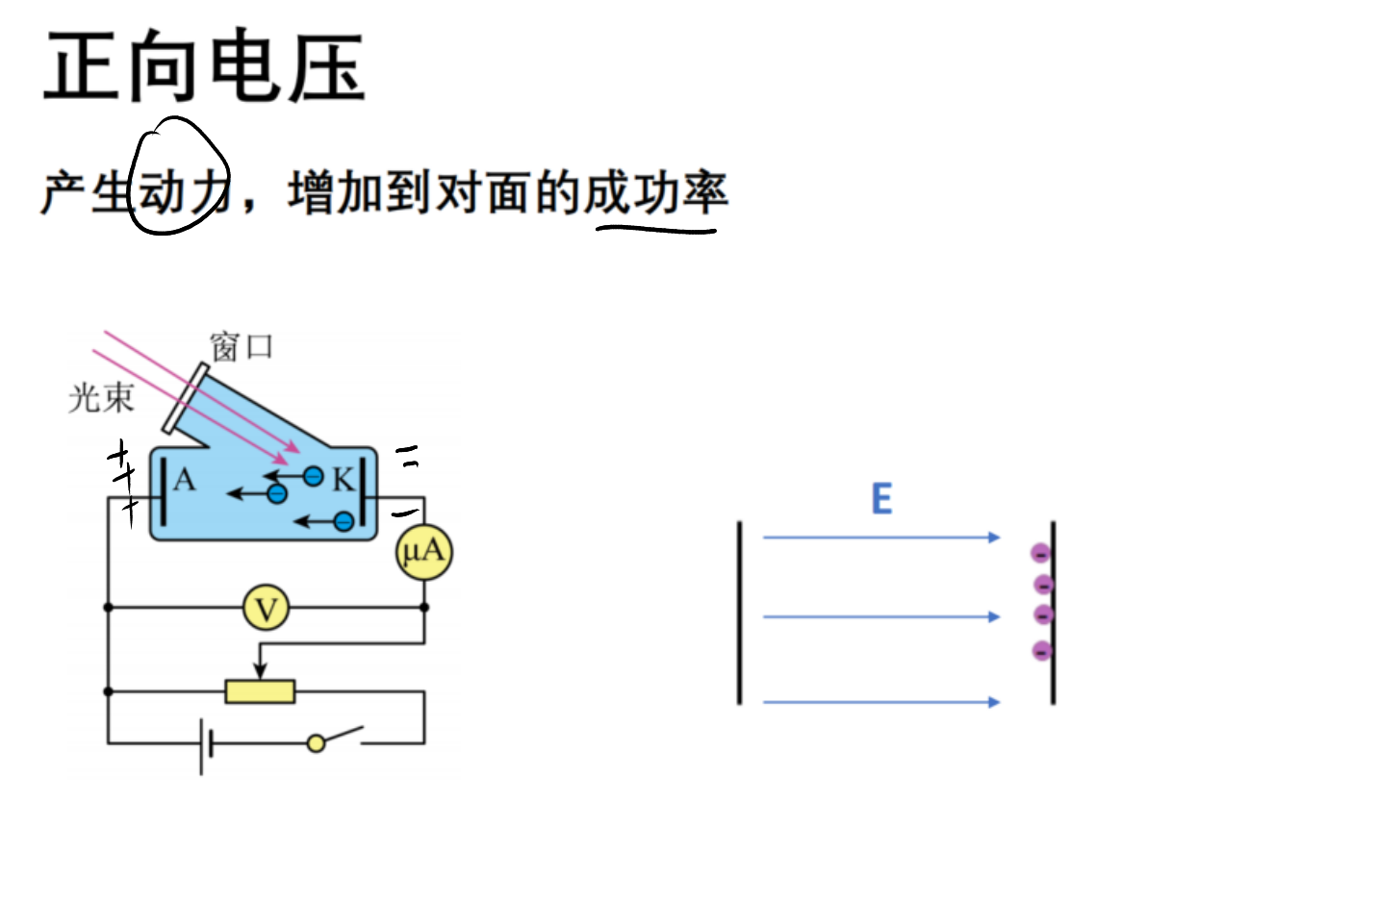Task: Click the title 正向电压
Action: coord(205,66)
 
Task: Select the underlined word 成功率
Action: coord(656,193)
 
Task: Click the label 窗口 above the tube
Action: coord(242,347)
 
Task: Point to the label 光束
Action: coord(101,398)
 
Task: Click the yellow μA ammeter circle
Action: coord(424,552)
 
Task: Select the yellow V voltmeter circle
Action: coord(266,608)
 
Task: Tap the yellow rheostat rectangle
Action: coord(260,691)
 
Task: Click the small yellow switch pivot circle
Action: coord(317,743)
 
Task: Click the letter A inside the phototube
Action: coord(185,480)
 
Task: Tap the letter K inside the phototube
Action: coord(344,479)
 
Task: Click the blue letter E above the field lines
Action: coord(882,499)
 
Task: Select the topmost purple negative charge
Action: coord(1040,554)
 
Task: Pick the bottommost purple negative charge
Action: coord(1042,651)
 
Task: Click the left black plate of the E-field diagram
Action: coord(740,613)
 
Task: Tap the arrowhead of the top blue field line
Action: coord(994,538)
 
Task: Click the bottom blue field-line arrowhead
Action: coord(994,702)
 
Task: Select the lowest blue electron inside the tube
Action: coord(344,522)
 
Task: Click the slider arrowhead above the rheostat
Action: coord(260,671)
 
